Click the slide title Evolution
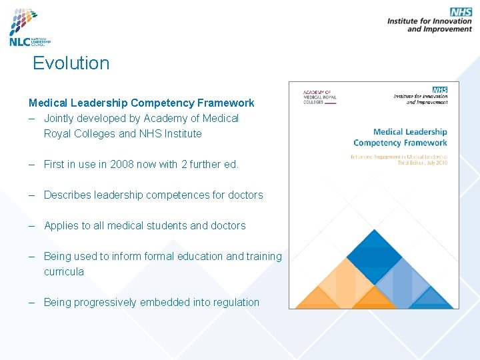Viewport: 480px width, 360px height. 71,63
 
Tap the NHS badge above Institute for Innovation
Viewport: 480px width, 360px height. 460,12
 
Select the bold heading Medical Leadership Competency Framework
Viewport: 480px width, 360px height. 141,103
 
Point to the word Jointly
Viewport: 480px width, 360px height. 61,118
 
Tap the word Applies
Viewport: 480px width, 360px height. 61,225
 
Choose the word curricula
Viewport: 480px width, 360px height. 64,271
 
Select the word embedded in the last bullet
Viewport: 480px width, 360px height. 169,302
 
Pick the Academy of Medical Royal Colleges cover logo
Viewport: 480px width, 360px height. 317,97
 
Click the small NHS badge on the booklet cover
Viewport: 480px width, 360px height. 439,90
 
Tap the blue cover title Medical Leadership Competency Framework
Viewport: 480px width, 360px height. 401,137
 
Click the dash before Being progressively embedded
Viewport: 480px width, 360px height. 32,302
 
